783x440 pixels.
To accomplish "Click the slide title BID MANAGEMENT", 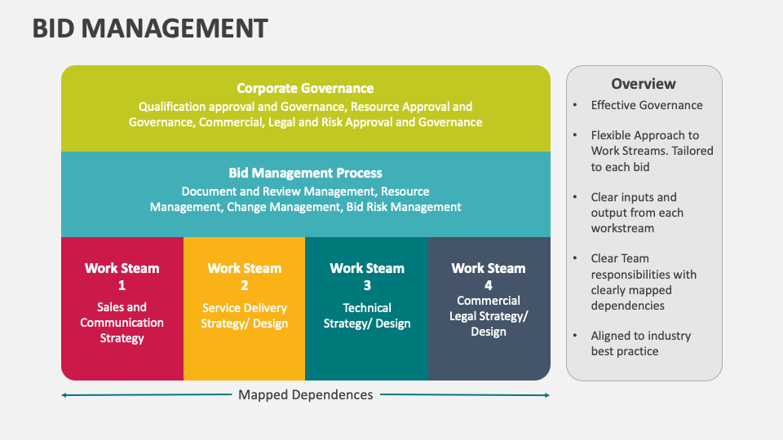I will pos(150,29).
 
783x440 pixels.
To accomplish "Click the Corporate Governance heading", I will pos(305,88).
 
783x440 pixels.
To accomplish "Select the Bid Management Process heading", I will pos(305,173).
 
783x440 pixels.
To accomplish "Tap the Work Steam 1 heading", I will pos(122,275).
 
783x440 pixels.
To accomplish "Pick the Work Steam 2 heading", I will pos(245,275).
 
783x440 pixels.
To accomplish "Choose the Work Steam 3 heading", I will pos(367,275).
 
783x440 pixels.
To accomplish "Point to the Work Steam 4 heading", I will pos(489,275).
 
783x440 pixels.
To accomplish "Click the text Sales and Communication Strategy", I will pos(122,323).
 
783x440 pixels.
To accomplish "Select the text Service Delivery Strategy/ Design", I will pos(245,316).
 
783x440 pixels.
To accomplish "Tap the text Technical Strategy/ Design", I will pos(367,316).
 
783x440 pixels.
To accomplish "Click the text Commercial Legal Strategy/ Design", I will pos(489,316).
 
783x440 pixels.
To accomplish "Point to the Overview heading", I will pos(644,84).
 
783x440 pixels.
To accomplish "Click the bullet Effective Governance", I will pos(647,105).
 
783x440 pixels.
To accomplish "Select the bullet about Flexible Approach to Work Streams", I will pos(652,151).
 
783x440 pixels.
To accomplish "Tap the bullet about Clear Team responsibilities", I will pos(644,282).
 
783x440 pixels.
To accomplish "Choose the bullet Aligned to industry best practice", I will pos(640,343).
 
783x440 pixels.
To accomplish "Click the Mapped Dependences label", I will pos(305,395).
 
